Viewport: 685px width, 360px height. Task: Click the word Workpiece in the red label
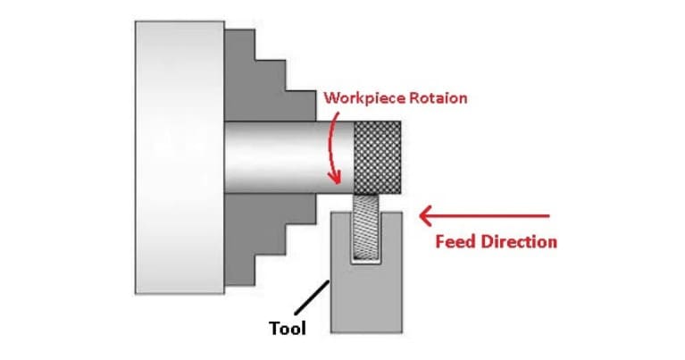point(362,97)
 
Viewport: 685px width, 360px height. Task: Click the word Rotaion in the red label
point(437,97)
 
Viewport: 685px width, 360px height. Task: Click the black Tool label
point(287,329)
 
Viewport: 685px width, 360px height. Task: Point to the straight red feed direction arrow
point(491,215)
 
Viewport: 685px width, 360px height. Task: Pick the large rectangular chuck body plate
point(179,157)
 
